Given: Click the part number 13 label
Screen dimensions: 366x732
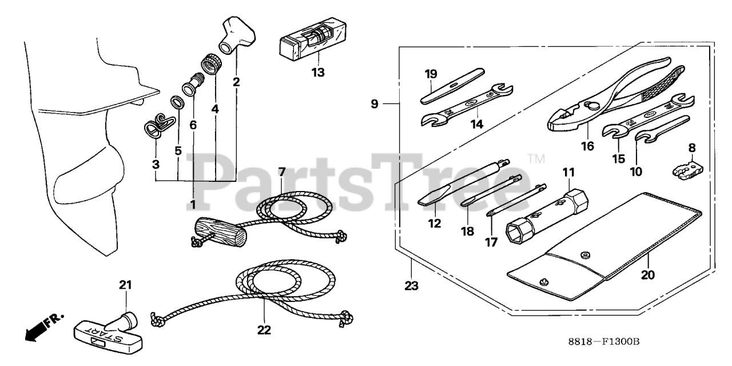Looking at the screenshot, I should coord(317,73).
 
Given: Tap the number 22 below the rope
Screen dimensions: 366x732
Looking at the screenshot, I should coord(264,330).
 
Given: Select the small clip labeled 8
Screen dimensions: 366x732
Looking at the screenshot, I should coord(686,170).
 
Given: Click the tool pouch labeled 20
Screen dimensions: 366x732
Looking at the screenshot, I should coord(606,240).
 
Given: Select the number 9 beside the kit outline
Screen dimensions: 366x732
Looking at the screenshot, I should coord(374,104).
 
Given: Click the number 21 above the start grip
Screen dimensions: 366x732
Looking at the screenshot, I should coord(125,285).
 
